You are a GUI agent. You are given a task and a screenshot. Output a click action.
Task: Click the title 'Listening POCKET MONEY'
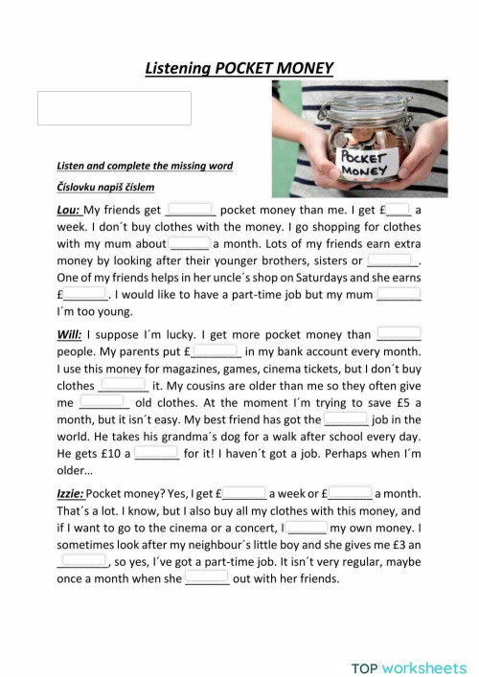click(x=239, y=68)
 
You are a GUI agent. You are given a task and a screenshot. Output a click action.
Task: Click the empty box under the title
click(x=114, y=108)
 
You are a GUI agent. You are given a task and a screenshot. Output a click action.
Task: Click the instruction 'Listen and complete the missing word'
click(x=144, y=166)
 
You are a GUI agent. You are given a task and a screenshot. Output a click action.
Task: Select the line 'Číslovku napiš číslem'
click(x=105, y=187)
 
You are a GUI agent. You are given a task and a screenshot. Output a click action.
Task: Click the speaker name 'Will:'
click(x=69, y=335)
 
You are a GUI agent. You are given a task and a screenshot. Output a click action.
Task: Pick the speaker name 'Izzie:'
click(x=71, y=493)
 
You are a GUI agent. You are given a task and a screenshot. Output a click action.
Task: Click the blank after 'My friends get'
click(x=191, y=209)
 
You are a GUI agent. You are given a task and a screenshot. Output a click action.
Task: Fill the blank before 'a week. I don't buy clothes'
click(x=399, y=209)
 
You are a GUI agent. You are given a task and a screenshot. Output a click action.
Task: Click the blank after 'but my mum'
click(x=399, y=294)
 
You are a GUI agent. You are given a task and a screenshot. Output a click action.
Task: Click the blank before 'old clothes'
click(x=103, y=402)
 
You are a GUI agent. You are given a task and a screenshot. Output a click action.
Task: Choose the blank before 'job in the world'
click(x=346, y=418)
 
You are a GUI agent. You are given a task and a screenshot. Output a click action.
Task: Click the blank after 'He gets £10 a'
click(x=156, y=453)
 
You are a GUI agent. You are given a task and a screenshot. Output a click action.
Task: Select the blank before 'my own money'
click(x=307, y=527)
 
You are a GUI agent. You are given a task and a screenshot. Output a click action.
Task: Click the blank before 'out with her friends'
click(x=207, y=577)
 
